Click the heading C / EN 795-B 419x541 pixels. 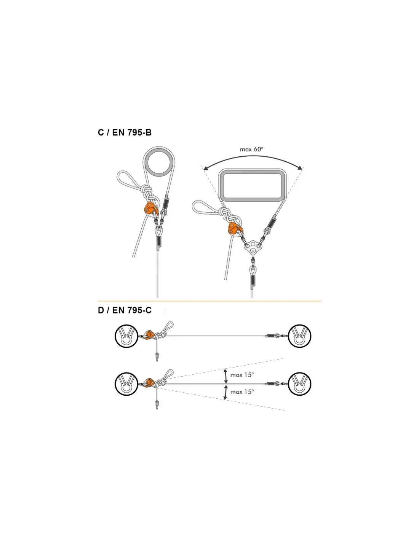[125, 132]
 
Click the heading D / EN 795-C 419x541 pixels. [125, 310]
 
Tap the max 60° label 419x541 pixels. [251, 149]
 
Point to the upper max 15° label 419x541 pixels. [242, 375]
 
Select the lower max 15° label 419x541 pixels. [242, 391]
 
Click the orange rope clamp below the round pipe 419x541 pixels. [150, 208]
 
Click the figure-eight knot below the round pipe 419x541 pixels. [148, 193]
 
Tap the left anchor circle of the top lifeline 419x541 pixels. [126, 336]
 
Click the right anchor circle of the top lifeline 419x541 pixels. [299, 336]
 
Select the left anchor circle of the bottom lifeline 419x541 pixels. [126, 384]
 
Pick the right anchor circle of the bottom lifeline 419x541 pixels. [299, 384]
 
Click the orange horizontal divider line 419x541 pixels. [209, 301]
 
